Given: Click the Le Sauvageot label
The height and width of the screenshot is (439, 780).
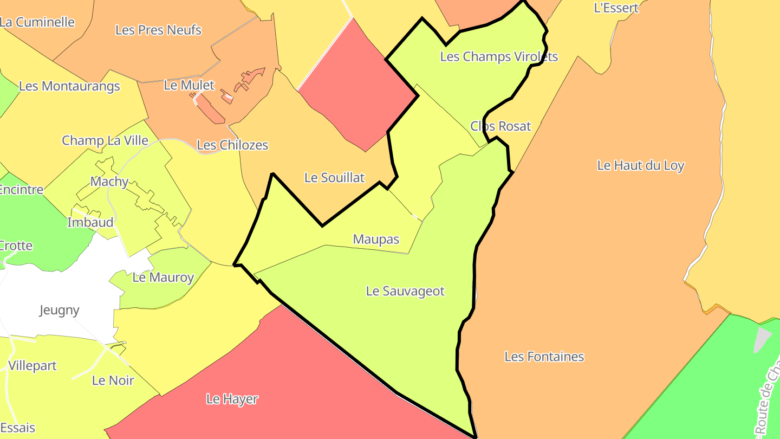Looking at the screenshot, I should point(405,291).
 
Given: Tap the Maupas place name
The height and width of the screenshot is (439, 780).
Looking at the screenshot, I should point(376,239).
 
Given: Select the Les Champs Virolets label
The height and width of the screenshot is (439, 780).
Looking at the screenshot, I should point(498,56).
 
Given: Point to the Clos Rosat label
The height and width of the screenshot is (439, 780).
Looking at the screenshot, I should point(500,126).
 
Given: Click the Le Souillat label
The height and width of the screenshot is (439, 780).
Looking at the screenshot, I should point(334,177).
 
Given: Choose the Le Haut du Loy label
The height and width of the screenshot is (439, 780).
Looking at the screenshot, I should point(640,165).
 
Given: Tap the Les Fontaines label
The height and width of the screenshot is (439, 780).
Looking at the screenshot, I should point(544,357).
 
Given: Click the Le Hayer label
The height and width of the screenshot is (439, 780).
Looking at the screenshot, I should point(232,399).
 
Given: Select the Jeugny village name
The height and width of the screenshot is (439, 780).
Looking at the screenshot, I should point(60,310).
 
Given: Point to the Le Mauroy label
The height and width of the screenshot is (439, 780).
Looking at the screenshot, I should point(163,277).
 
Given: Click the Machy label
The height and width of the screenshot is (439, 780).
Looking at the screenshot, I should point(109,182).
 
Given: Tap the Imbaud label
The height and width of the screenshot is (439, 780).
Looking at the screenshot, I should point(90,222).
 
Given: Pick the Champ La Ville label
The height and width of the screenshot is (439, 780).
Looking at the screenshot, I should point(105,140).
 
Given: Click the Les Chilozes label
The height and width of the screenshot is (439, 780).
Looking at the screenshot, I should point(232,145).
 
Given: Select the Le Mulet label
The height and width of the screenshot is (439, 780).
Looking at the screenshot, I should point(189,85).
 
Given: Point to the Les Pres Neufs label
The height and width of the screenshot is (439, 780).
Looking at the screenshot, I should point(158,30).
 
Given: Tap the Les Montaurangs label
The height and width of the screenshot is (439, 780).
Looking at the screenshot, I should point(69,86).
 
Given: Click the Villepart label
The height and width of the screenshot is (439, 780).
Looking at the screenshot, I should point(32,366).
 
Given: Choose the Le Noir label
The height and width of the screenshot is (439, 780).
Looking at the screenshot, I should point(113,380).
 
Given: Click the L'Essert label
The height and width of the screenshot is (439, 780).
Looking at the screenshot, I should point(616,8).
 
